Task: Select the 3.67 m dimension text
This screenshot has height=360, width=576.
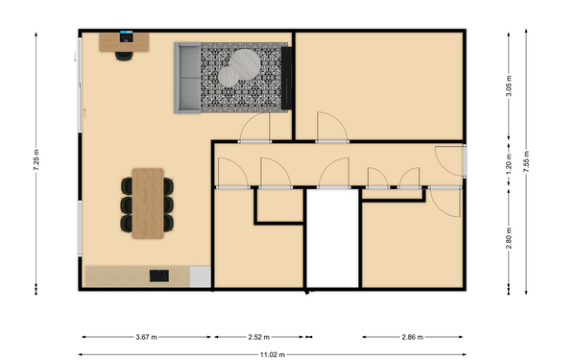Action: (x=147, y=337)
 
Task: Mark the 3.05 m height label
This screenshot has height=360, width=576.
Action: (x=509, y=85)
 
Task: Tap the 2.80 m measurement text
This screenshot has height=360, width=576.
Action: (x=509, y=235)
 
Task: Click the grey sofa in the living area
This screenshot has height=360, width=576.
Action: (x=187, y=78)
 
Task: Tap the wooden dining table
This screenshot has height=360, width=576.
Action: (x=149, y=203)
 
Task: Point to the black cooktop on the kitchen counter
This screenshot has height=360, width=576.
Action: (x=157, y=276)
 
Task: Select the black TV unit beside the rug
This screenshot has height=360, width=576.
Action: (x=286, y=77)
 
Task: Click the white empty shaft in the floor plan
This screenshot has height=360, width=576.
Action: (x=331, y=240)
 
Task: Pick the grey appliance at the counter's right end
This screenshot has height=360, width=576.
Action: (x=199, y=276)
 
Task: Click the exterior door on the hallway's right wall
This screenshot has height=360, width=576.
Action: (x=450, y=161)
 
